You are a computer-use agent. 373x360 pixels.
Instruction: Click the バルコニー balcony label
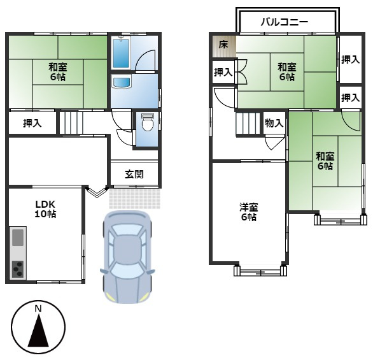285,22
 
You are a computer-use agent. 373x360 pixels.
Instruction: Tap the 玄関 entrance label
134,174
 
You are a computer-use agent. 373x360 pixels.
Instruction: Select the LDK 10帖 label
45,209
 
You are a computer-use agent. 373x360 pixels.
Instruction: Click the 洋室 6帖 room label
248,212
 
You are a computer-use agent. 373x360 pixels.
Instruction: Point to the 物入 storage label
274,123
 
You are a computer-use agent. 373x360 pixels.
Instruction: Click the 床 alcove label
223,45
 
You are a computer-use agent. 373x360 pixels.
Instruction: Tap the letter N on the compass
38,309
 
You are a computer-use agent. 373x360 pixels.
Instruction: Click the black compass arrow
38,331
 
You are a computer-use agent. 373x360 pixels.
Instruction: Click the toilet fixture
147,122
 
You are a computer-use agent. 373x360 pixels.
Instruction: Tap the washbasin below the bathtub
120,83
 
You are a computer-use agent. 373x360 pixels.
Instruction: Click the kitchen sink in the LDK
18,238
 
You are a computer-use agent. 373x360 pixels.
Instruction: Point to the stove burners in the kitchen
18,268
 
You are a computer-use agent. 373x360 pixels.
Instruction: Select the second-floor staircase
249,122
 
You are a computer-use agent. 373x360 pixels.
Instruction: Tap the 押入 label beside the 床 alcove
222,72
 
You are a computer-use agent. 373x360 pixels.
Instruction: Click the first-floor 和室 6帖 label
57,69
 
